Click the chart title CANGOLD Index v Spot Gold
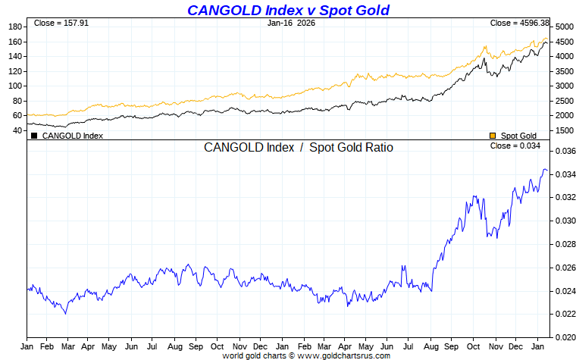coord(288,10)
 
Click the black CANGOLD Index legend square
coord(34,136)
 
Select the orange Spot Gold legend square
coord(493,136)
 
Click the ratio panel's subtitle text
coord(299,148)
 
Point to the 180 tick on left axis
coord(14,27)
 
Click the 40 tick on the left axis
coord(17,130)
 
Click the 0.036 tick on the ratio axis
coord(562,151)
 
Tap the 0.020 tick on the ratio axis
coord(562,337)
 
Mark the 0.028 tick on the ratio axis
coord(562,244)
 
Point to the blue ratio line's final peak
coord(543,170)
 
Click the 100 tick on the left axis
coord(14,86)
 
